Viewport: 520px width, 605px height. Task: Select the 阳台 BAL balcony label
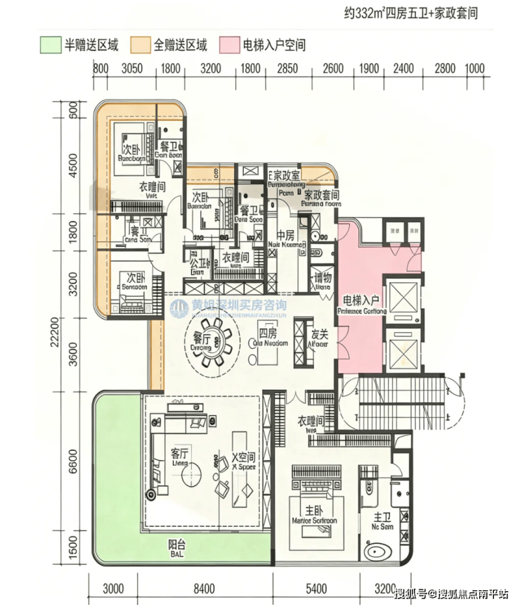(177, 547)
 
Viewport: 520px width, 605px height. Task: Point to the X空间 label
(244, 459)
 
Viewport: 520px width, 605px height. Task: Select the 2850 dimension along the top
(287, 68)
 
